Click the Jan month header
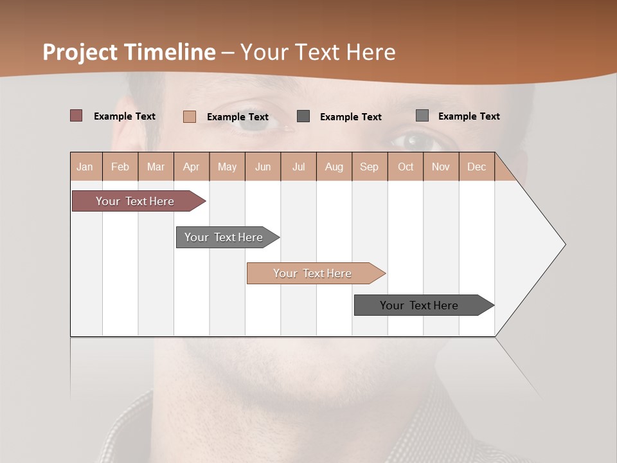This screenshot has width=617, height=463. [85, 167]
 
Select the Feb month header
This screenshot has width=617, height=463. [120, 167]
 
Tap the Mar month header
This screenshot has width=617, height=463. [156, 167]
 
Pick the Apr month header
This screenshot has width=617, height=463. [192, 167]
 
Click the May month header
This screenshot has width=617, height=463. [227, 167]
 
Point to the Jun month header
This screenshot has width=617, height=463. [263, 167]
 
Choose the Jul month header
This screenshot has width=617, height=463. [298, 167]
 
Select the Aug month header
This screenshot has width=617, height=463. [334, 167]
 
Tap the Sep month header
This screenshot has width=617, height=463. [370, 167]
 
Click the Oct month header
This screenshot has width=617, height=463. [406, 167]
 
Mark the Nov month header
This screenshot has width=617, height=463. [441, 167]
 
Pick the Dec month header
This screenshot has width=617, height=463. [477, 167]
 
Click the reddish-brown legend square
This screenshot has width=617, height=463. [76, 116]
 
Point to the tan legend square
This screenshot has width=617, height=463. [190, 116]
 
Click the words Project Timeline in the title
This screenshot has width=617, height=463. [129, 52]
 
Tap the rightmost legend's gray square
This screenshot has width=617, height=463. [422, 116]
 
